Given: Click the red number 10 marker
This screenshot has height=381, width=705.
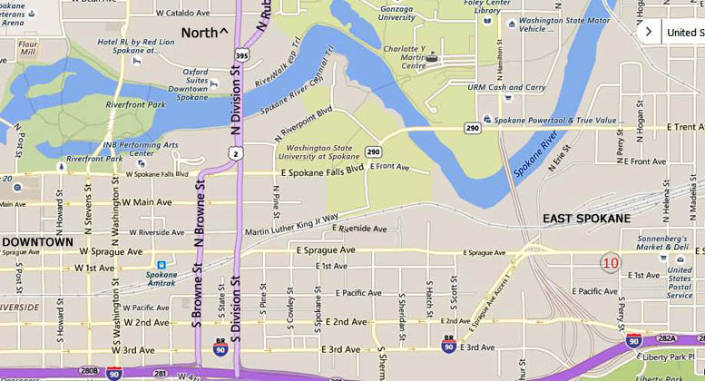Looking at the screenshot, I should click(x=611, y=263).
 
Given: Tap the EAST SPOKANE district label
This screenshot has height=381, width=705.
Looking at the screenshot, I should click(x=586, y=219).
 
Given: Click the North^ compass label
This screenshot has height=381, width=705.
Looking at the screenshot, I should click(x=204, y=33).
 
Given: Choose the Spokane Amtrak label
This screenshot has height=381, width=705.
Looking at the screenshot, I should click(x=162, y=278).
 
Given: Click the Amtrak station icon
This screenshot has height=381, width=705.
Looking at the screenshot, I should click(x=162, y=264).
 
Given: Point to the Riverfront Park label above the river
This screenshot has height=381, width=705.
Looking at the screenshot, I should click(x=135, y=104).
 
